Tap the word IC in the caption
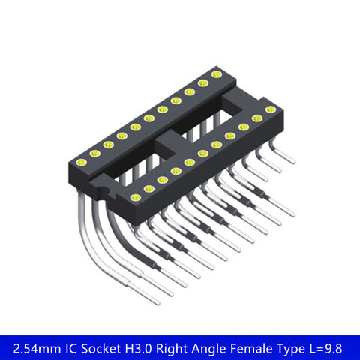tap(76, 347)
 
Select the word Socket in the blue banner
tap(107, 347)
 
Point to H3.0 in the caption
tap(149, 347)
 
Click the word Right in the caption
tap(184, 347)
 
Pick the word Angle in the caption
tap(221, 347)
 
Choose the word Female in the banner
tap(262, 347)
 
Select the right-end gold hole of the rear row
tap(217, 73)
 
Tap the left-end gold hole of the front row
tap(135, 197)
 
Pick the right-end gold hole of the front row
tap(270, 109)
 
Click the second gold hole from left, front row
tap(148, 188)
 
